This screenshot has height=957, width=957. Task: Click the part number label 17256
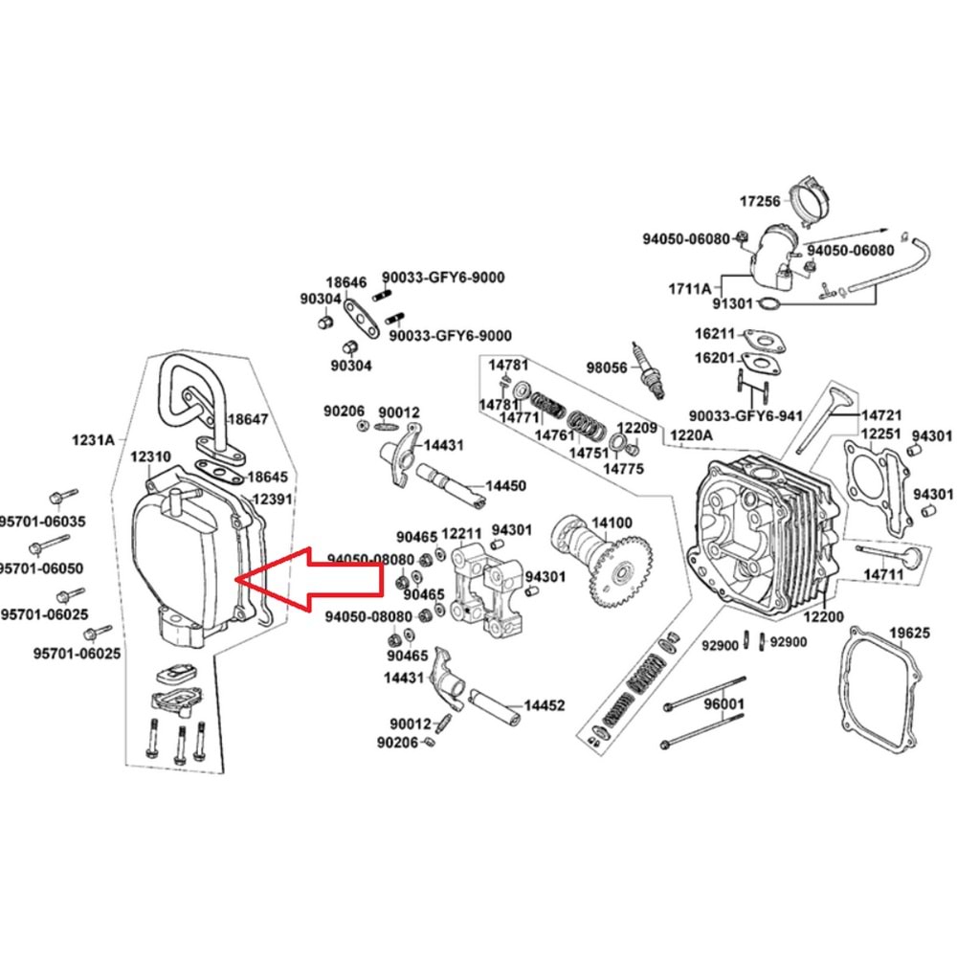tap(761, 202)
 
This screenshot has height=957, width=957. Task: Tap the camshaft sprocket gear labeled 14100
tap(622, 570)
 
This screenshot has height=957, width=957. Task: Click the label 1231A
tap(93, 440)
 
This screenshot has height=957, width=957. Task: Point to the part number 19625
tap(909, 633)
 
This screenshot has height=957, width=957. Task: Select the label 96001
tap(723, 705)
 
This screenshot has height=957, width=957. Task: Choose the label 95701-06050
tap(41, 568)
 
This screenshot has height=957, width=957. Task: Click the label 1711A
tap(690, 288)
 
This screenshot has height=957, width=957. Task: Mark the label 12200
tap(823, 618)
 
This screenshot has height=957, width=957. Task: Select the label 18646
tap(345, 282)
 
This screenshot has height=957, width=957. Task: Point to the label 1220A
tap(691, 434)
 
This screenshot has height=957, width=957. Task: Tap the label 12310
tap(150, 457)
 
